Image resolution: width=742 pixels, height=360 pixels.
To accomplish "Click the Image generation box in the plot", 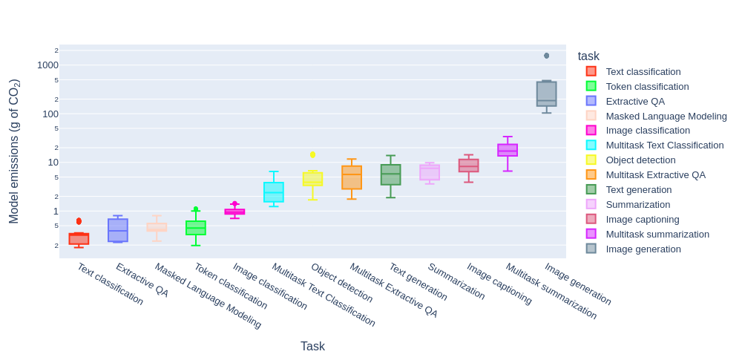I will pos(546,94).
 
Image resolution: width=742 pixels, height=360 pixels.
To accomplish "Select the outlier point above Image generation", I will pos(547,56).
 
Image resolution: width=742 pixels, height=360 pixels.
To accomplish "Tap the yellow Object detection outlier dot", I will pos(312,154).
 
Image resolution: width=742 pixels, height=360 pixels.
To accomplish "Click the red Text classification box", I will pos(79,239).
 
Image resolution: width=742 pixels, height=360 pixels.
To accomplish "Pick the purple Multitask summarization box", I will pos(508,150).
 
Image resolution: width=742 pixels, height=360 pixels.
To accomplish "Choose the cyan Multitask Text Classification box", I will pos(274,192).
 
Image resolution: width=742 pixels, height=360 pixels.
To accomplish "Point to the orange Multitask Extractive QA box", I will pos(352,177).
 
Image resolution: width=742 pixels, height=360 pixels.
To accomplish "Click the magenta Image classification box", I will pos(234,212).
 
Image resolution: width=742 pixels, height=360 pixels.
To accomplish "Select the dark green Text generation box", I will pos(390,174).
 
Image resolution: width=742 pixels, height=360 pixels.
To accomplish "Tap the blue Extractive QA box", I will pos(118,230).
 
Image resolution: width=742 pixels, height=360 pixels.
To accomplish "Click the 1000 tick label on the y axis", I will pos(47,65).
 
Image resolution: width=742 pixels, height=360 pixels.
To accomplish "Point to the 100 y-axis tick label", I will pos(50,114).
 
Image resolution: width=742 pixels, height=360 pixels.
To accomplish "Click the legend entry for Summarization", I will pos(637,204).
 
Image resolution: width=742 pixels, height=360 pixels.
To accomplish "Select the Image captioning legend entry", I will pos(642,219).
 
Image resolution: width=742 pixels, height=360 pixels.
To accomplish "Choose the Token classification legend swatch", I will pos(591,86).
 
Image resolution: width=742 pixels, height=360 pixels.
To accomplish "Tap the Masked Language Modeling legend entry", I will pos(666,116).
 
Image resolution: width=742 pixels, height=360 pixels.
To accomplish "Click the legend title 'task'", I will pos(588,56).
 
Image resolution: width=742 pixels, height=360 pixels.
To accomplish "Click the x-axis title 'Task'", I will pos(312,347).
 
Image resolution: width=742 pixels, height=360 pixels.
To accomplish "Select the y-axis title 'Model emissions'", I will pos(14,151).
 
